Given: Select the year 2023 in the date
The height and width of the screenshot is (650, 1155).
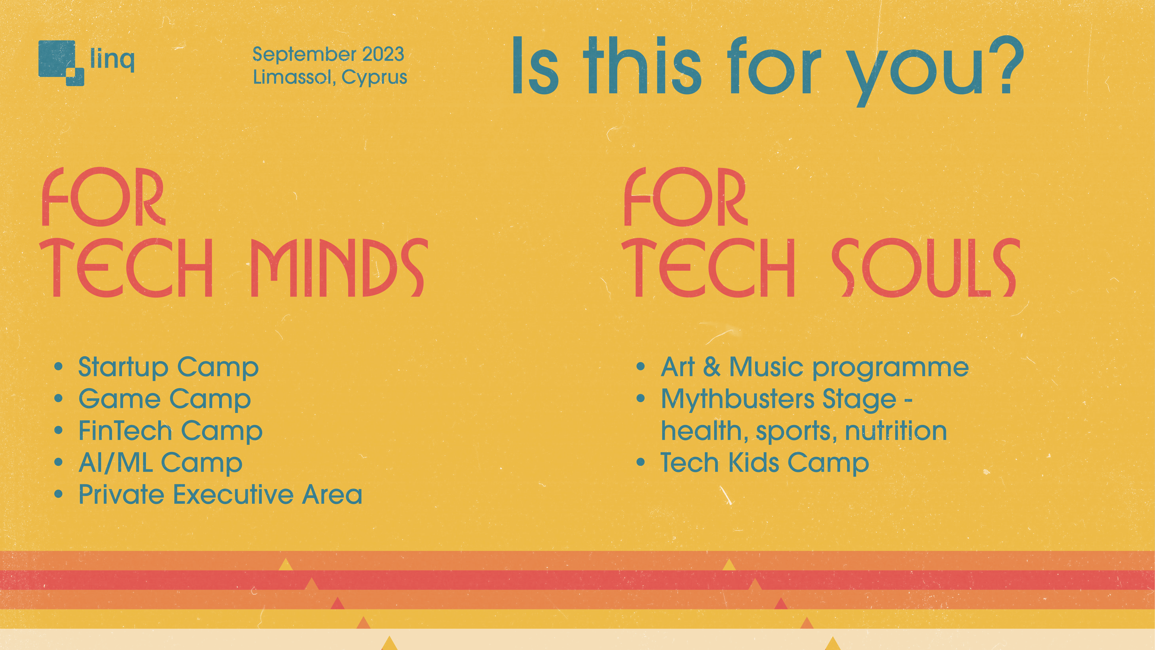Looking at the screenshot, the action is (x=383, y=55).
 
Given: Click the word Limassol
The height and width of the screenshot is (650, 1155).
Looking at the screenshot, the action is (x=294, y=77).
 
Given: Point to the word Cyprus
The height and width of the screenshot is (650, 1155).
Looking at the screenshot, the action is (x=374, y=78).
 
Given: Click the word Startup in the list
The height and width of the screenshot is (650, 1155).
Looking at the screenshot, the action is (x=123, y=367).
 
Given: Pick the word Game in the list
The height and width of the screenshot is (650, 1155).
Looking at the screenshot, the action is (x=120, y=399).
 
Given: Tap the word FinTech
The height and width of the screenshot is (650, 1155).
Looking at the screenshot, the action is (x=125, y=431).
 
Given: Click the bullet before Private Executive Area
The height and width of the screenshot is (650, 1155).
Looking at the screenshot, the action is (x=58, y=495).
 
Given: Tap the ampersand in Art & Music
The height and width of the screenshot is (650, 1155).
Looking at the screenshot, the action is (x=711, y=367).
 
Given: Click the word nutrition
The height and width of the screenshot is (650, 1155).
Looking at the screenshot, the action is (x=896, y=431).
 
